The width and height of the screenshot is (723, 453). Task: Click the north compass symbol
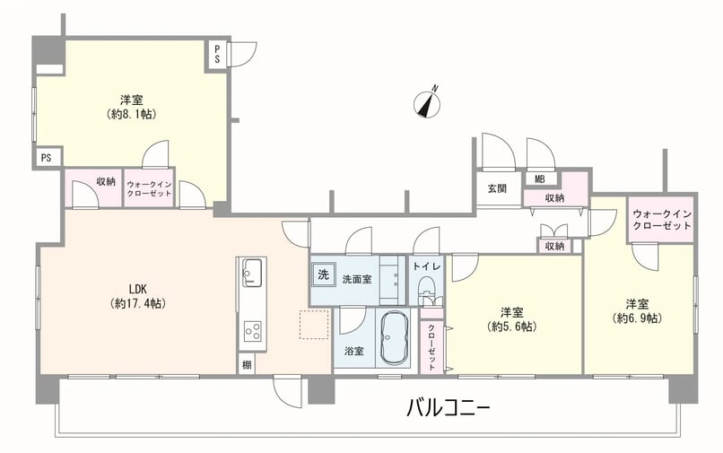427,102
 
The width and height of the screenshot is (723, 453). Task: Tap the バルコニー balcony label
448,408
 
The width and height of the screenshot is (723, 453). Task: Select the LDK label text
138,289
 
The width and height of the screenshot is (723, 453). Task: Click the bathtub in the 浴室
395,337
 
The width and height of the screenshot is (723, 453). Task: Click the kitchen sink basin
252,272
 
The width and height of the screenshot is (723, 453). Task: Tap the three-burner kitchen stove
252,331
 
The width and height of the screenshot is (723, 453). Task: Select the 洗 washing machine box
324,274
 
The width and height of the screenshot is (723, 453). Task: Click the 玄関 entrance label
497,188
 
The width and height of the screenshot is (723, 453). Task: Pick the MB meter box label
539,179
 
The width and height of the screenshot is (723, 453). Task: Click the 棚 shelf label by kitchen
247,365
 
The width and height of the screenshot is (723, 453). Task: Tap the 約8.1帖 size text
131,114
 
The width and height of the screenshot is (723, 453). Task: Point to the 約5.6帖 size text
512,327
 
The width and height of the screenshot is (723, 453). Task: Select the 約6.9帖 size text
637,318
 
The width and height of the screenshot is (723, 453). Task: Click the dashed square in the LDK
314,325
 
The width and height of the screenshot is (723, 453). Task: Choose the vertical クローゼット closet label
431,346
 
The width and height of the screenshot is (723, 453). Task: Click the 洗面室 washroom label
357,279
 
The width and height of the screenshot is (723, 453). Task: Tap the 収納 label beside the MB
554,198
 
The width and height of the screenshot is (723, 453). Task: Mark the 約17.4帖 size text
138,303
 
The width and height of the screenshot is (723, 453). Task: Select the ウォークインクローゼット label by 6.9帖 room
662,220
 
